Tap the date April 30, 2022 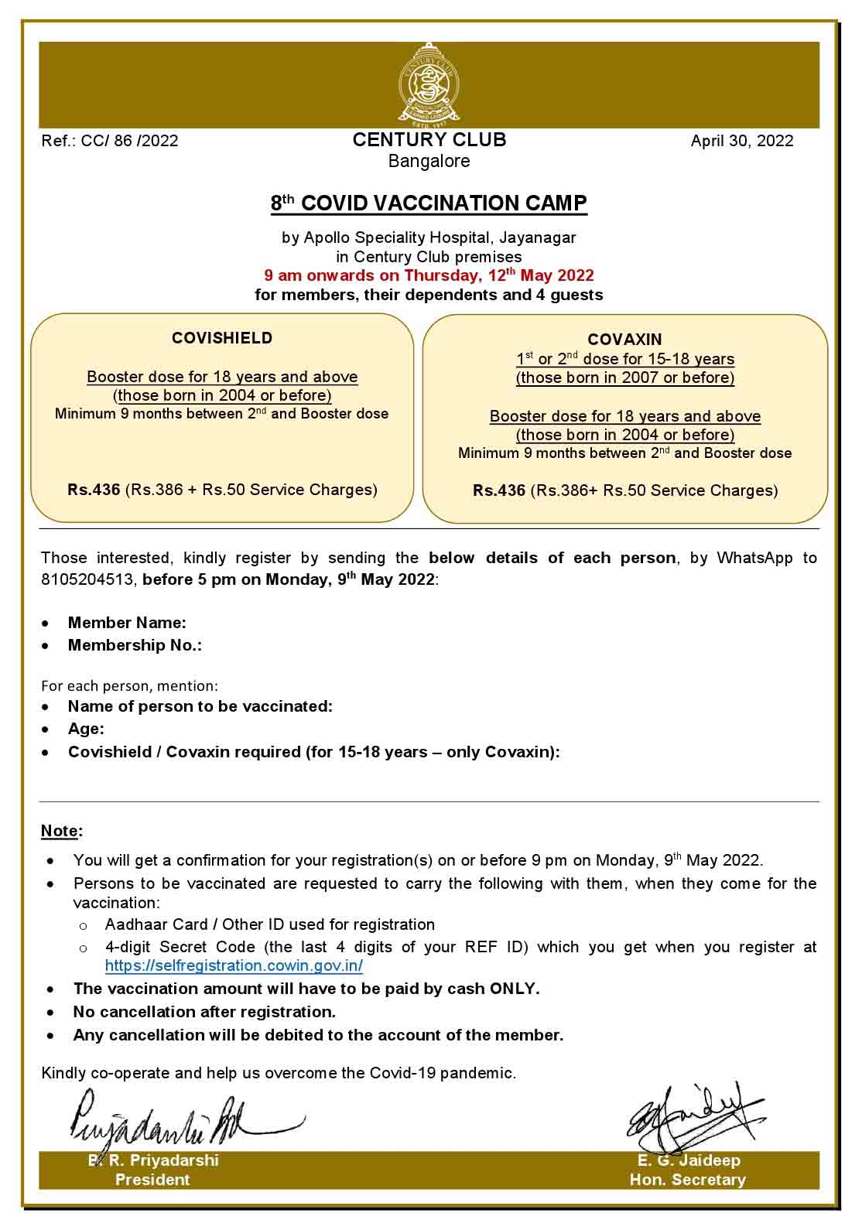pyautogui.click(x=741, y=140)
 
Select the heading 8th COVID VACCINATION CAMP pyautogui.click(x=429, y=203)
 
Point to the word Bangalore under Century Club pyautogui.click(x=429, y=161)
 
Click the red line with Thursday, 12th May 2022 pyautogui.click(x=429, y=275)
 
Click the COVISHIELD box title pyautogui.click(x=222, y=338)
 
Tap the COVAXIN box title pyautogui.click(x=624, y=340)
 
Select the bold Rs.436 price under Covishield pyautogui.click(x=94, y=490)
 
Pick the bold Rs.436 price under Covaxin pyautogui.click(x=499, y=490)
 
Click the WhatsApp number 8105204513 pyautogui.click(x=88, y=580)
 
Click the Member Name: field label pyautogui.click(x=127, y=623)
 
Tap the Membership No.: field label pyautogui.click(x=135, y=645)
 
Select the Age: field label pyautogui.click(x=86, y=729)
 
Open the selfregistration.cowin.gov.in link pyautogui.click(x=234, y=965)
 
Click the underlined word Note pyautogui.click(x=60, y=831)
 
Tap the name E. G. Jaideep pyautogui.click(x=688, y=1160)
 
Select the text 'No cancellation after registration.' pyautogui.click(x=204, y=1012)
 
